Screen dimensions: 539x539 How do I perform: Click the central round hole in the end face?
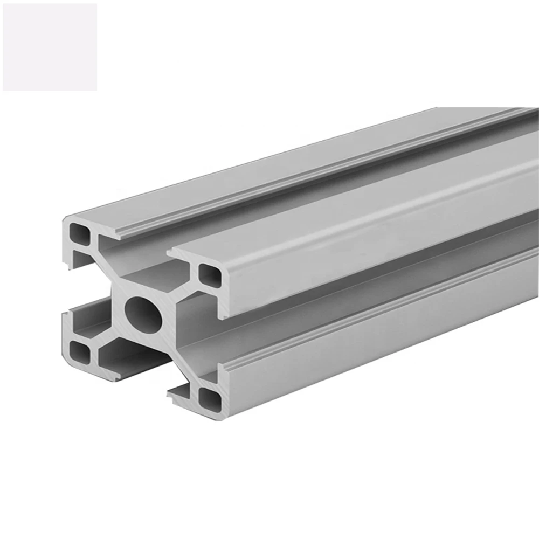[x=143, y=314]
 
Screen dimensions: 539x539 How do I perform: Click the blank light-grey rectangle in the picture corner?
[x=50, y=47]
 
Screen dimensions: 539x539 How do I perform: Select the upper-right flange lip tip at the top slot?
[x=171, y=253]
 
